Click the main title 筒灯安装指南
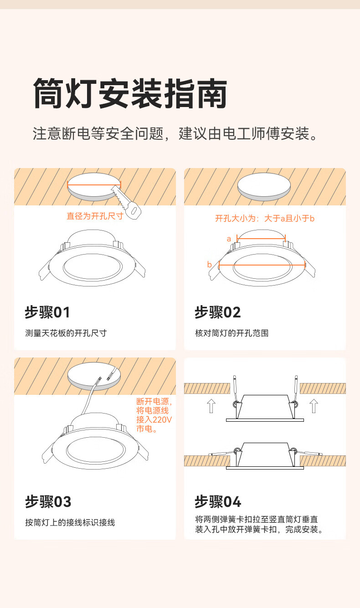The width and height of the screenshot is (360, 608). [x=130, y=94]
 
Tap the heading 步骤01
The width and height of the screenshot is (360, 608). [x=47, y=312]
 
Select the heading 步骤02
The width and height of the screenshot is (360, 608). [x=218, y=312]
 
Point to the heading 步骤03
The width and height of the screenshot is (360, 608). [x=48, y=501]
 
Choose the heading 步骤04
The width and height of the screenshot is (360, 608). [x=218, y=501]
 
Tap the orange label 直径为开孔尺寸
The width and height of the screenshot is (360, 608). [x=95, y=216]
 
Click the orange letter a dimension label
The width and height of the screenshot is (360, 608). [x=229, y=239]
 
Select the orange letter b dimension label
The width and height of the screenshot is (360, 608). [x=209, y=264]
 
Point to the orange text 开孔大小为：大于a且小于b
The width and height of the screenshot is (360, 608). [x=265, y=218]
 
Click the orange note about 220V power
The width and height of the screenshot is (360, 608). [x=154, y=415]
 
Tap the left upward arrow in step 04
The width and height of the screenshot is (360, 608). [x=211, y=406]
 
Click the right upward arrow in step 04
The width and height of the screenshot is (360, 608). [x=314, y=406]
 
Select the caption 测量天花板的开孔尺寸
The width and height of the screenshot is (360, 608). [x=66, y=333]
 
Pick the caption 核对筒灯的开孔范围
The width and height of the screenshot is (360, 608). [x=232, y=333]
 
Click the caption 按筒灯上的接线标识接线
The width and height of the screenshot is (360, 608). [x=70, y=522]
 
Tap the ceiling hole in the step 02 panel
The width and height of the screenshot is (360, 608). [x=264, y=187]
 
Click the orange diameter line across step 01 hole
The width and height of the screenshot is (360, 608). [x=94, y=185]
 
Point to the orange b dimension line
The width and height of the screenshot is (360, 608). [x=262, y=265]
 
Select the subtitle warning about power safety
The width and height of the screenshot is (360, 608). [x=175, y=133]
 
